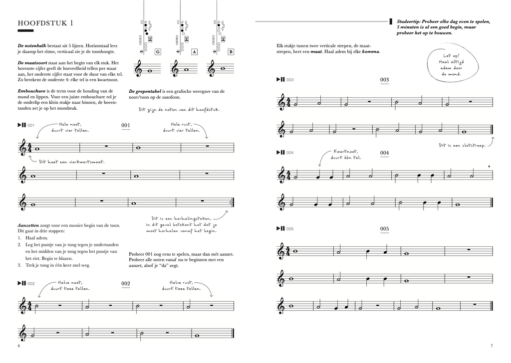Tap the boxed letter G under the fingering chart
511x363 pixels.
tap(158, 52)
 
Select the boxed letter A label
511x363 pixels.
tap(194, 52)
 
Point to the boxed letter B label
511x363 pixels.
tap(231, 52)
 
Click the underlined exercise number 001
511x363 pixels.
tap(125, 125)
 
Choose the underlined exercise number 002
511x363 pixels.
tap(125, 284)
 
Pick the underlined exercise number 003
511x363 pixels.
tap(384, 79)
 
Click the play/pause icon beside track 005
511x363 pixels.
tap(280, 229)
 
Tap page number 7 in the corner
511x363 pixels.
tap(491, 346)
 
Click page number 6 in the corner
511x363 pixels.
tap(19, 346)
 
